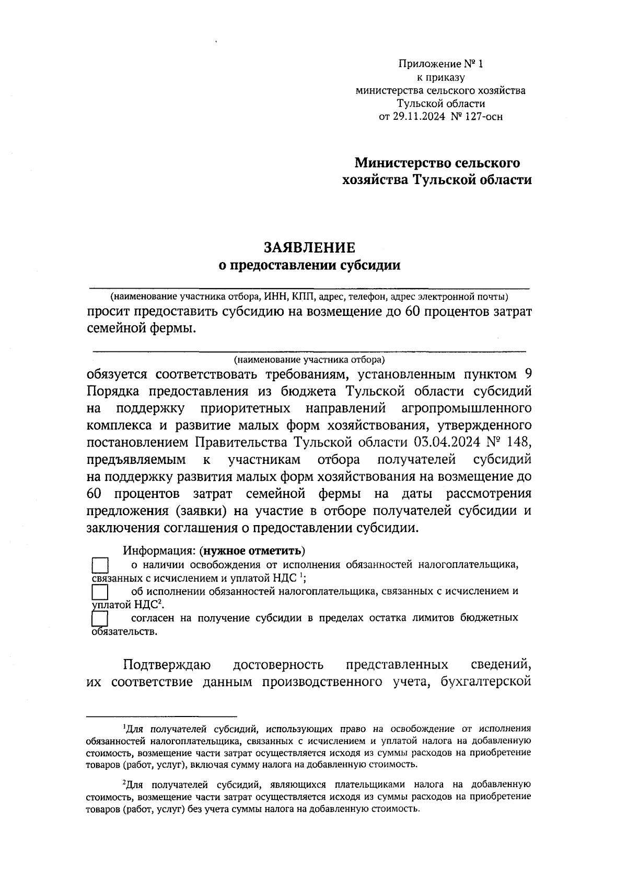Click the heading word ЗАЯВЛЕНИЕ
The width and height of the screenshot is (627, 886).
tap(309, 247)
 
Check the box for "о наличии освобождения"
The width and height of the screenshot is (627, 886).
tap(99, 566)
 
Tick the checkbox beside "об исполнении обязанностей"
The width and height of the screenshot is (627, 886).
tap(99, 592)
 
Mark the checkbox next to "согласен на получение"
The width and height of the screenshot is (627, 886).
tap(99, 619)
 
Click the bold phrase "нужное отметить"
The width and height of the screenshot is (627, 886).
tap(252, 551)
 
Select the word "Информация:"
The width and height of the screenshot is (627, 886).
tap(160, 551)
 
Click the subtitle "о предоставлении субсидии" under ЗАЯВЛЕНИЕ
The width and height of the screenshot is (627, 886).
tap(309, 266)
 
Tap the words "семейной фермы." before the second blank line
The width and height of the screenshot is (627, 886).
tap(142, 328)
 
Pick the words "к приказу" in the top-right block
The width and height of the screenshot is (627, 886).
tap(440, 78)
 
